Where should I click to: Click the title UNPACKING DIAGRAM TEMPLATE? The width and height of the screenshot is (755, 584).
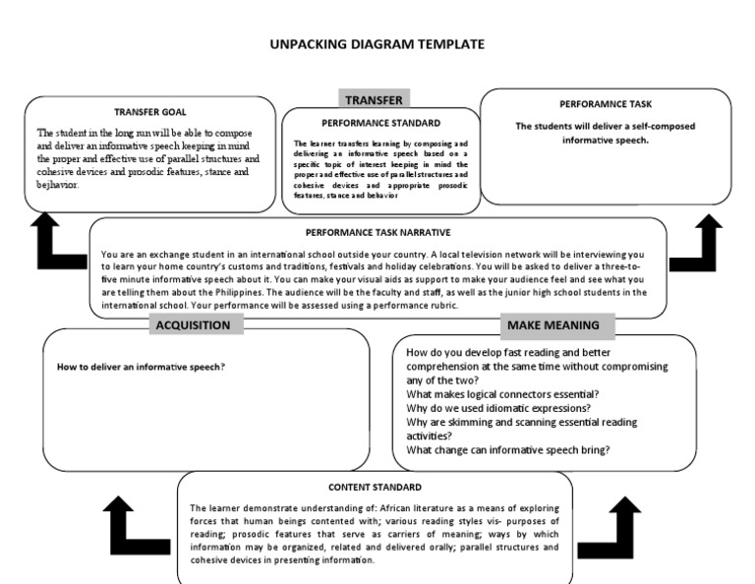pos(377,44)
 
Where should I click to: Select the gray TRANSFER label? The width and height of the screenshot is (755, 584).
pos(373,99)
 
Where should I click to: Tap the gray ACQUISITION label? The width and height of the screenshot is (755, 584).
pos(193,325)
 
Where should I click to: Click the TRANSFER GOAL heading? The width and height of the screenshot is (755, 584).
pos(150,112)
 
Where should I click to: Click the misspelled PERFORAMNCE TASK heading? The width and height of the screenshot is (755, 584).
pos(606,103)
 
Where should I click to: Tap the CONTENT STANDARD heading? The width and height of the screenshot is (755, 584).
pos(375,487)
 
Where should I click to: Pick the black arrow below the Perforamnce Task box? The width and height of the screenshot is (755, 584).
pos(705,242)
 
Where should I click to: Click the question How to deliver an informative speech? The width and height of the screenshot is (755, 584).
pos(142,367)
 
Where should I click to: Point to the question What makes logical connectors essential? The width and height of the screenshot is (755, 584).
pos(501,394)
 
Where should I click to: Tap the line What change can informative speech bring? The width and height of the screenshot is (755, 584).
pos(507,450)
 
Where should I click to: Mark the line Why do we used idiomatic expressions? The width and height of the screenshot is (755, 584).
pos(497,408)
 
